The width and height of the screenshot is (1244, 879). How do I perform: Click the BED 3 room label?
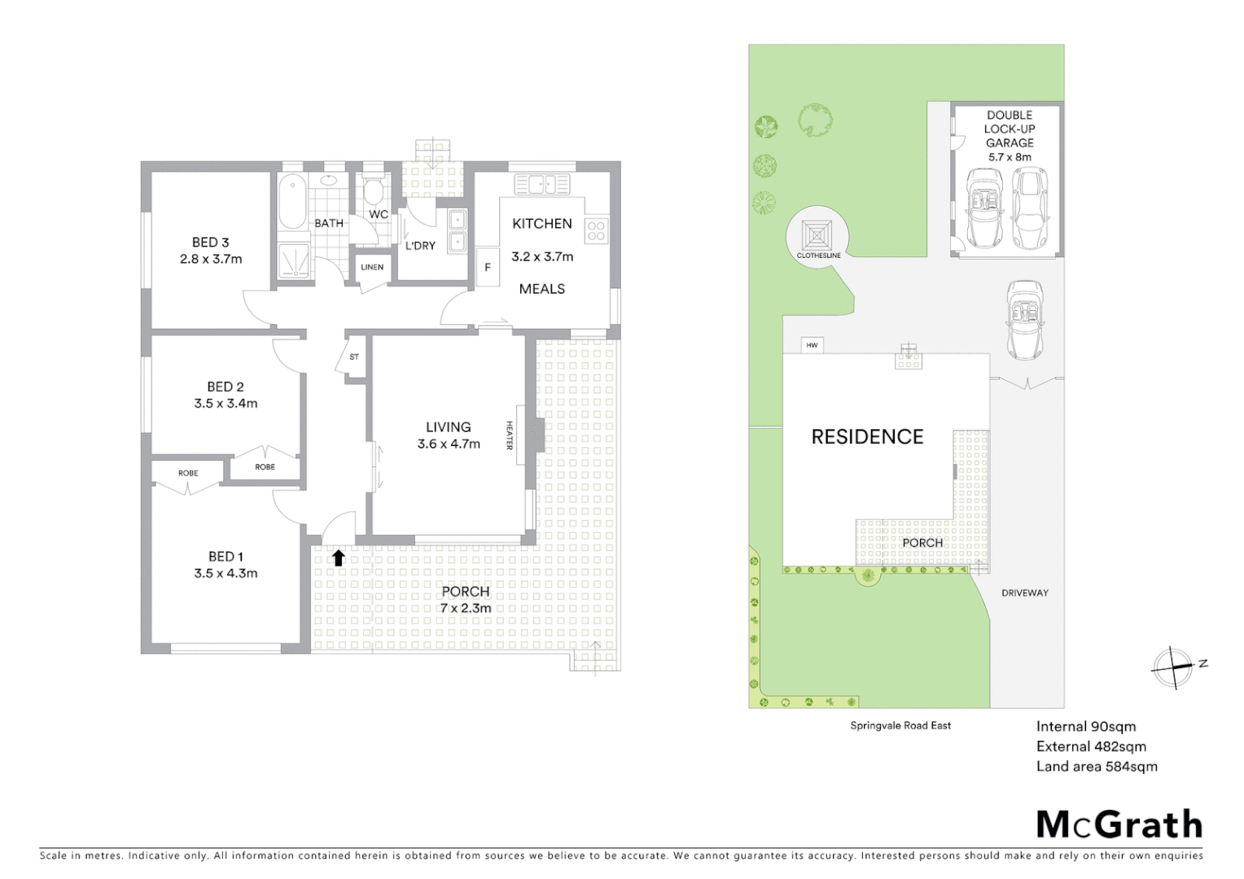coord(210,243)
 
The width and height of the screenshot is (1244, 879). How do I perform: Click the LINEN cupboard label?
coord(372,267)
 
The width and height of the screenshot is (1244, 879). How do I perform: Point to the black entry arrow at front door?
coord(339,558)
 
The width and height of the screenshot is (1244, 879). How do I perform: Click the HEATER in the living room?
coord(537,435)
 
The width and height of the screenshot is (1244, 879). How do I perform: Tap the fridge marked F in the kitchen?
coord(488,267)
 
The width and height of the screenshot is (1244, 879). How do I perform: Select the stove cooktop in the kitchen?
coord(596,230)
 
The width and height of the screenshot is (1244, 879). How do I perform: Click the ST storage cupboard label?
coord(354,357)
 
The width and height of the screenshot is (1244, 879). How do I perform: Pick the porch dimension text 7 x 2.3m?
coord(466,608)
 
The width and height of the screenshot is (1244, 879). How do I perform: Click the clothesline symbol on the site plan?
coord(817,234)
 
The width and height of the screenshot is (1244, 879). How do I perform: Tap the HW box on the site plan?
coord(812,345)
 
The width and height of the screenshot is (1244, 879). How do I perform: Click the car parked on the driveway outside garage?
coord(1025,319)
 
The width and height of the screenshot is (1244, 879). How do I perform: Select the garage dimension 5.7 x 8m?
coord(1010,157)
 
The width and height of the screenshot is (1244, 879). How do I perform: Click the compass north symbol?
coord(1173,667)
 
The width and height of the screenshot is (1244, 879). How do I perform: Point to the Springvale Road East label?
coord(900,725)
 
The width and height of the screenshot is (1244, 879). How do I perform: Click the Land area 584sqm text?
coord(1096,766)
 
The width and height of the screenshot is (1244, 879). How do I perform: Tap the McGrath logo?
coord(1119,824)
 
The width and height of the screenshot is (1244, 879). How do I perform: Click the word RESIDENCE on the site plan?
coord(867,437)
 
